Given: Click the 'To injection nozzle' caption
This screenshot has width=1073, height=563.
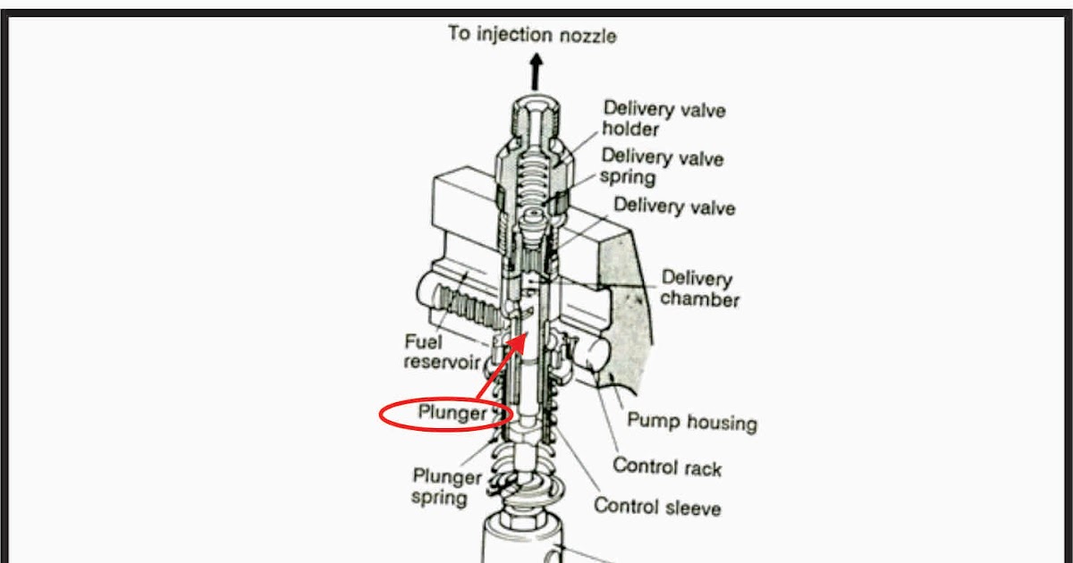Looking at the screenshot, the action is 532,35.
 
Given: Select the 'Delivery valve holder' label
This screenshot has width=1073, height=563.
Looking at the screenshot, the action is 663,118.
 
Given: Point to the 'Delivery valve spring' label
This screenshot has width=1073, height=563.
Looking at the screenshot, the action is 662,166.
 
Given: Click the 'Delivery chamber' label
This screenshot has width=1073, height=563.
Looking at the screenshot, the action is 700,289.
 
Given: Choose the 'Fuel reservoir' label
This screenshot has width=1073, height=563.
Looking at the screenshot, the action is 443,351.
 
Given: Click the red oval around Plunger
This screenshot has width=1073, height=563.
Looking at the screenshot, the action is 445,414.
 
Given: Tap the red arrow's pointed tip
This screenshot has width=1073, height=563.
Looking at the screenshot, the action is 525,335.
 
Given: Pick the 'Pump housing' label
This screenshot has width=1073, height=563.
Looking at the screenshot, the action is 691,421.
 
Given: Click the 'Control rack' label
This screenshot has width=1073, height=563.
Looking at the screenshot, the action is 666,466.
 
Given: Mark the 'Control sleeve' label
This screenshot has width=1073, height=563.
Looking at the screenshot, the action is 657,507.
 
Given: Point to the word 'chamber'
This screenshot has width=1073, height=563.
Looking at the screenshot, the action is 700,299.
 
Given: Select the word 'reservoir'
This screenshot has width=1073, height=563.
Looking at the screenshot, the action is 443,362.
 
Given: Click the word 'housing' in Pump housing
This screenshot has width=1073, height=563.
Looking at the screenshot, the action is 719,422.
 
